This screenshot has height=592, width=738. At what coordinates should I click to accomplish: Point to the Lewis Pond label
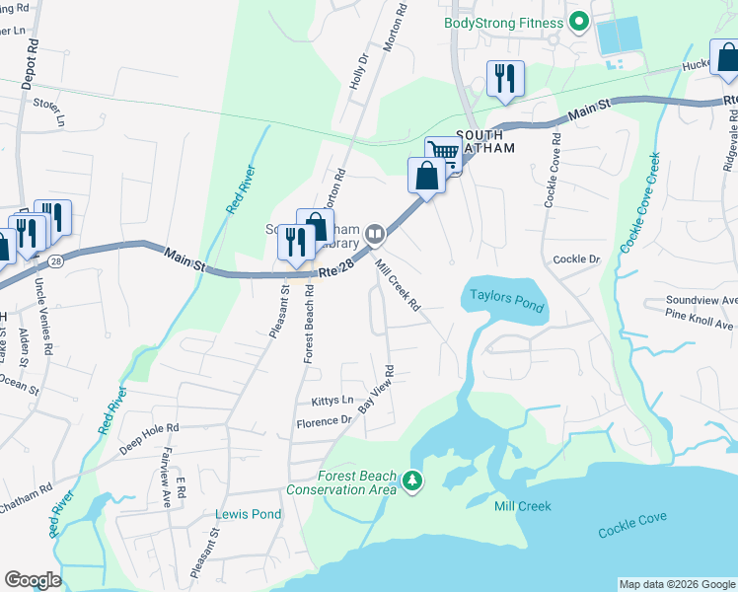tap(249, 514)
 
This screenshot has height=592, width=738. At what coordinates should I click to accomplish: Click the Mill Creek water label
tap(523, 506)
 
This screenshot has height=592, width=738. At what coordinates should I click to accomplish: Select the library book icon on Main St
tap(375, 234)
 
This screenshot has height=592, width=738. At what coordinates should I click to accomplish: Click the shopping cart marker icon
tap(444, 153)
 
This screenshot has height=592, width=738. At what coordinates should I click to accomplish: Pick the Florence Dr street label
tap(325, 422)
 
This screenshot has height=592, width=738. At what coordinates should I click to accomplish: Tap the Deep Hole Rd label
tap(150, 439)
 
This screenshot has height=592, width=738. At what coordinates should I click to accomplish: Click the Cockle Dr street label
tap(576, 259)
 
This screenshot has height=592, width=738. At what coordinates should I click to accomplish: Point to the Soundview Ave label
tap(701, 300)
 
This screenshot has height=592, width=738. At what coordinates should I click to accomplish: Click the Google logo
tap(33, 580)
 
